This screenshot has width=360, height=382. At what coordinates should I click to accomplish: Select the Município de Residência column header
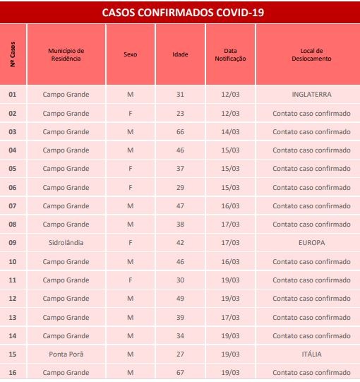tap(66, 54)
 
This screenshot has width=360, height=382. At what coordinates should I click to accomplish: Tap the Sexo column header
tap(130, 54)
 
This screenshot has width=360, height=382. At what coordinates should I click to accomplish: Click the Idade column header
tap(180, 54)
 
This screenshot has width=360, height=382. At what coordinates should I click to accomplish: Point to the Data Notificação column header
tap(230, 54)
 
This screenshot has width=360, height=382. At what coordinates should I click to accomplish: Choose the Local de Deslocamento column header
tap(311, 54)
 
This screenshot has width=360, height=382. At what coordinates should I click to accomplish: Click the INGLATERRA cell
tap(311, 95)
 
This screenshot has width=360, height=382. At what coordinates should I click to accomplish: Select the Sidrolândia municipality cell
tap(66, 242)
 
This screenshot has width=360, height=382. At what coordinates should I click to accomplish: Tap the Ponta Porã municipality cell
tap(66, 353)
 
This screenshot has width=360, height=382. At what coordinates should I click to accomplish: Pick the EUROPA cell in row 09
tap(311, 242)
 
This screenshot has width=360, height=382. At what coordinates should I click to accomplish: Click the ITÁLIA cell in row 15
tap(311, 353)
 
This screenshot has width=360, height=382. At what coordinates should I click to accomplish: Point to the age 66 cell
tap(180, 131)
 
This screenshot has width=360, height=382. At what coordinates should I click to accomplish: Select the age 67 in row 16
tap(180, 371)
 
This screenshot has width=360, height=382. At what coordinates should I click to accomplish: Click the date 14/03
tap(230, 131)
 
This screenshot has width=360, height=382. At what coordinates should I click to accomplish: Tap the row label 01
tap(13, 95)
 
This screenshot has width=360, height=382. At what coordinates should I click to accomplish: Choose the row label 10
tap(13, 261)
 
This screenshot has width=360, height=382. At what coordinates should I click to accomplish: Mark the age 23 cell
tap(180, 113)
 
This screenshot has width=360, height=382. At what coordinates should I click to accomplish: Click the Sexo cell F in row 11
tap(130, 279)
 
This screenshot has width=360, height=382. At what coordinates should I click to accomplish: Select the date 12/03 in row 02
tap(230, 113)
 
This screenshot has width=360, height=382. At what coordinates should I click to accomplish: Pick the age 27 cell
tap(180, 353)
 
